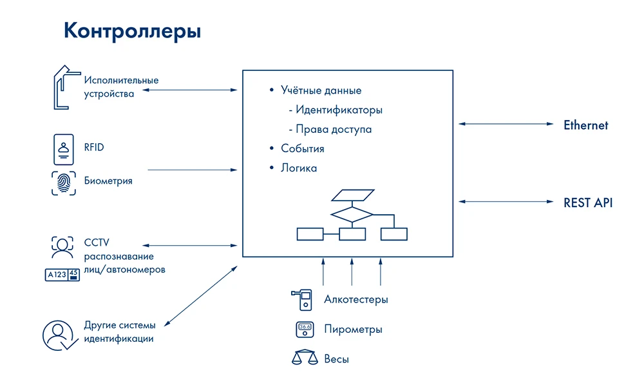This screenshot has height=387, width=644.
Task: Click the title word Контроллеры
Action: pyautogui.click(x=132, y=31)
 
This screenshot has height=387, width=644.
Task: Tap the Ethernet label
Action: pyautogui.click(x=585, y=125)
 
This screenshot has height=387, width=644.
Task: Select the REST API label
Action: pyautogui.click(x=588, y=203)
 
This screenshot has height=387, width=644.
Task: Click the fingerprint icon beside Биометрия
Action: pyautogui.click(x=64, y=183)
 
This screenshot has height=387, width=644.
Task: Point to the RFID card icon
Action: pyautogui.click(x=64, y=149)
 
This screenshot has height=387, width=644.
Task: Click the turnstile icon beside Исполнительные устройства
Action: pyautogui.click(x=62, y=86)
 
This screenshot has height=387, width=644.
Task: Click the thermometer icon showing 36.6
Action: pyautogui.click(x=304, y=329)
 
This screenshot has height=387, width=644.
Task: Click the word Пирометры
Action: pyautogui.click(x=353, y=330)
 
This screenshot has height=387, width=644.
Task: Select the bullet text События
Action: pyautogui.click(x=302, y=149)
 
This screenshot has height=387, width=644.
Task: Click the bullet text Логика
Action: pyautogui.click(x=299, y=168)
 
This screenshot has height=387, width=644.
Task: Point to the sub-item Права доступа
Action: pyautogui.click(x=334, y=130)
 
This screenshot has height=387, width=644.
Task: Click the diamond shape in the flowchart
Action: pyautogui.click(x=352, y=213)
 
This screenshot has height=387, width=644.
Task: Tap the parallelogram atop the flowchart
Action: pyautogui.click(x=352, y=195)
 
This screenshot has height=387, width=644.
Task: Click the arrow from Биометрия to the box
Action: pyautogui.click(x=193, y=170)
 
